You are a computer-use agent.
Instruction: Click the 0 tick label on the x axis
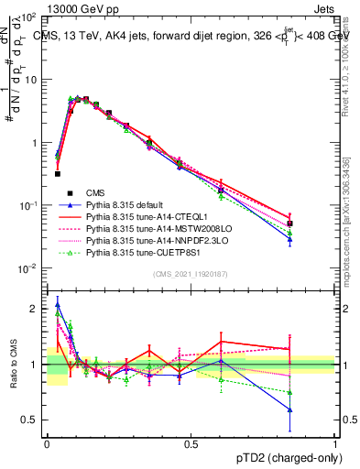coord(47,444)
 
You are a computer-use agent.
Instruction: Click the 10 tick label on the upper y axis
coord(30,80)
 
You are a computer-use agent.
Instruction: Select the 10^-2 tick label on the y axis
coord(28,268)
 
